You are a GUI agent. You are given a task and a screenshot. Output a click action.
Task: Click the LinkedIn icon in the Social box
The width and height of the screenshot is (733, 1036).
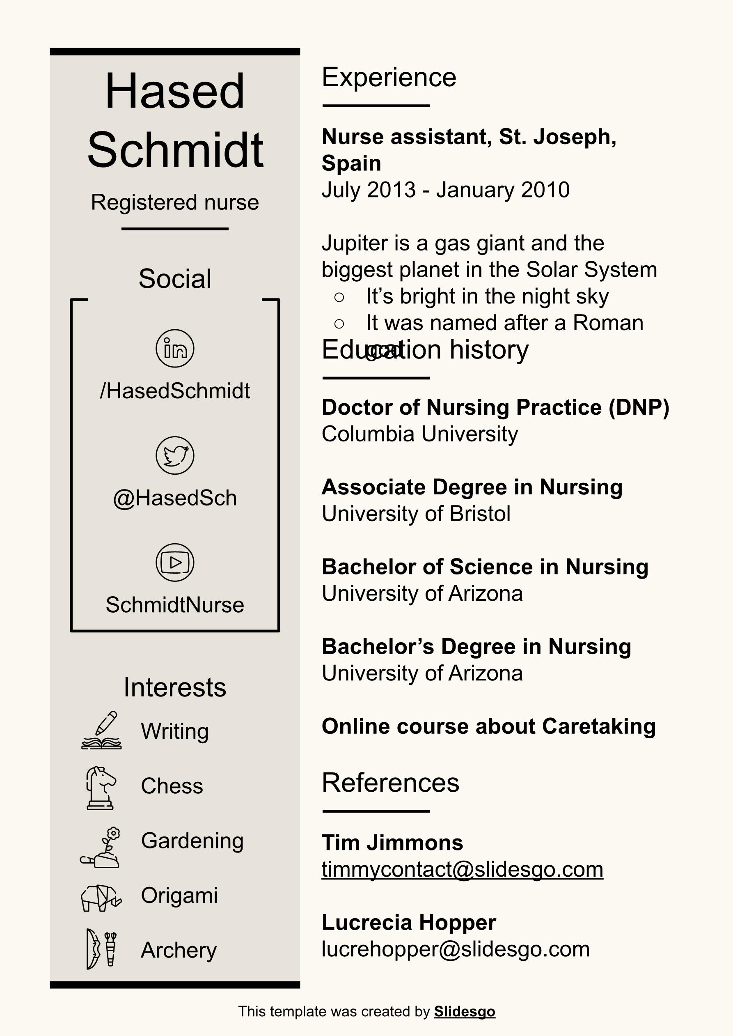tap(175, 348)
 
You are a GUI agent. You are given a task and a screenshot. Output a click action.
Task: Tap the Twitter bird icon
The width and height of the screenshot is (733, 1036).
tap(175, 455)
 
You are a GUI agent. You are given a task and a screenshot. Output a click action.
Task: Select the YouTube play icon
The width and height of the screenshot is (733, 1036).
tap(175, 562)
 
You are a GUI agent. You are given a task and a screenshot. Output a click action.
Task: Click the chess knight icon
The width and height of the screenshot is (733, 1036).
tap(101, 788)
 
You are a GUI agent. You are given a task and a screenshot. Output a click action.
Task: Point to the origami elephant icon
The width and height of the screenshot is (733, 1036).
tap(101, 898)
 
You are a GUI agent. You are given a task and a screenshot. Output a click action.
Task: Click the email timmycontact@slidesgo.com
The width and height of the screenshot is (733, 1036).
tap(462, 869)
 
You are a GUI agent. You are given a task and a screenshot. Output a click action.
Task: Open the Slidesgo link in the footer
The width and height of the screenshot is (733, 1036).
tap(465, 1012)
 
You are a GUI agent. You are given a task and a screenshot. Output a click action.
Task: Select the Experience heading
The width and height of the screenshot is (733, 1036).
tap(389, 77)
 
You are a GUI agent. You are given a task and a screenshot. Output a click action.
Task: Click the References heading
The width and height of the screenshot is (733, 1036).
tap(390, 783)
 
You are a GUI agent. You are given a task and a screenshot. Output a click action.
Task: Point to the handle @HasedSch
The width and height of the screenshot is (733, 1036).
tap(175, 498)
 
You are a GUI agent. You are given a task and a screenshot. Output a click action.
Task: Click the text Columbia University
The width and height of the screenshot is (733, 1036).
tap(420, 434)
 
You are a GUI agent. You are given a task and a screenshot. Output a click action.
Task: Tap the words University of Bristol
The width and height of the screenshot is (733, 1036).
tap(416, 514)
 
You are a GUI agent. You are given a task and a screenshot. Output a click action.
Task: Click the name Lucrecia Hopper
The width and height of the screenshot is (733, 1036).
tap(408, 923)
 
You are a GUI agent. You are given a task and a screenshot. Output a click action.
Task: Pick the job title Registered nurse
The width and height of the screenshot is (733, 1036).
tap(175, 202)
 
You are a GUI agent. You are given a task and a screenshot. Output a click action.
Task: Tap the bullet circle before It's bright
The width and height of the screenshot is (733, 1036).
tap(339, 297)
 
